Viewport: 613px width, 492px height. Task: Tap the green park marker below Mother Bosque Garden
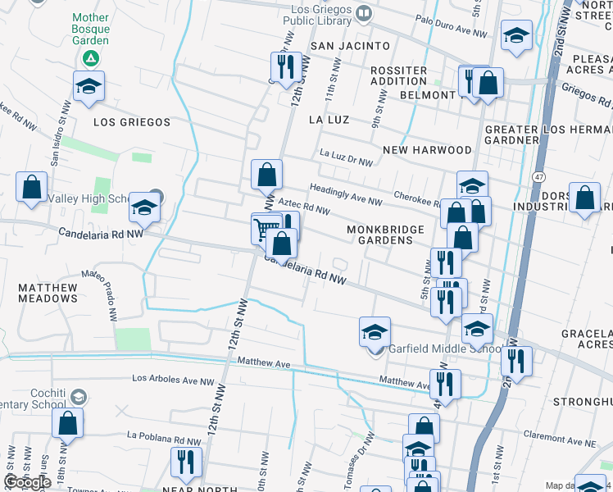coord(90,59)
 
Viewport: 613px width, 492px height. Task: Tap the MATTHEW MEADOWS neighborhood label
coord(48,293)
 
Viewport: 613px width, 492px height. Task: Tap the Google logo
coord(27,482)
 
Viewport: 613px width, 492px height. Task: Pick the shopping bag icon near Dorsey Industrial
coord(583,198)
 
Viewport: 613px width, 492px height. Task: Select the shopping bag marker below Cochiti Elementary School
coord(67,422)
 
